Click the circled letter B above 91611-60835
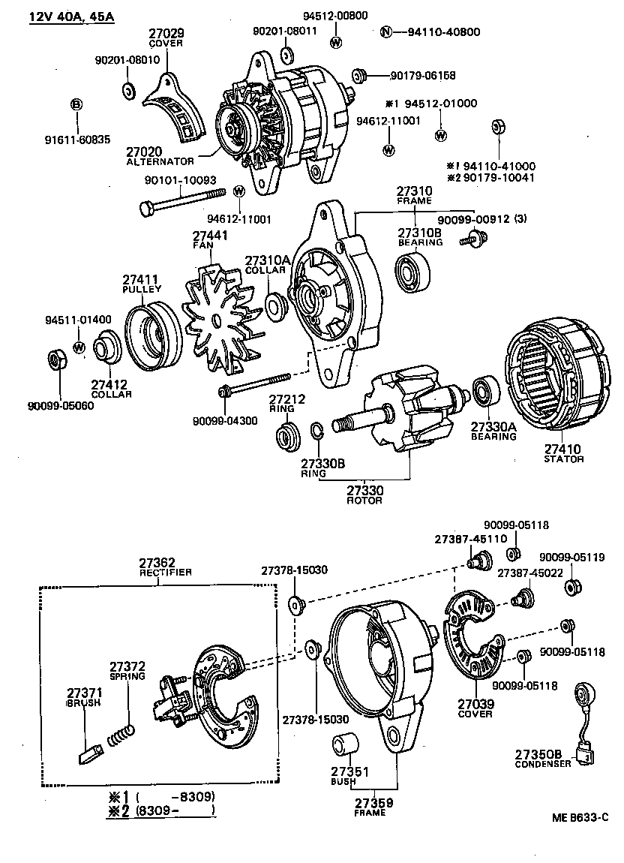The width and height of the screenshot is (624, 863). [76, 104]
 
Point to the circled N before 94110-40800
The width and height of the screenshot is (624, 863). [386, 32]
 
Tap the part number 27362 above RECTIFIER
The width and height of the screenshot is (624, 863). [157, 561]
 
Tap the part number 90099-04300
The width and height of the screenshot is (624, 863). [224, 420]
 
